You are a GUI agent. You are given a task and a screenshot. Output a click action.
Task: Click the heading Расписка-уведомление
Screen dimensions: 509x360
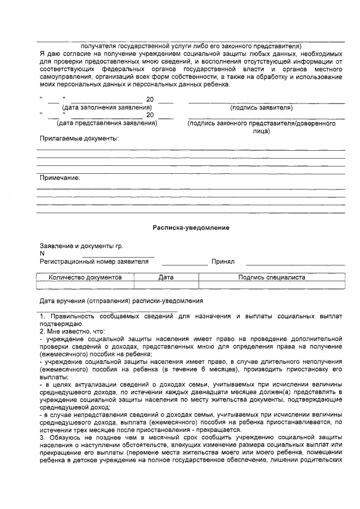coord(191,228)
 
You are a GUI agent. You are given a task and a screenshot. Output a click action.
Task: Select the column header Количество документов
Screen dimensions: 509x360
coord(85,277)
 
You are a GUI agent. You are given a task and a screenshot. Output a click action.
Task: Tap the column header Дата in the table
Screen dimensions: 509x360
coord(166,277)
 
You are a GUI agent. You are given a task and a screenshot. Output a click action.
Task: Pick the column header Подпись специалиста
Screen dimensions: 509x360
coord(272,277)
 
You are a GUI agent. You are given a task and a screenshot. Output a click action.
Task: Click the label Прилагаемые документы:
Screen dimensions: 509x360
coord(79,138)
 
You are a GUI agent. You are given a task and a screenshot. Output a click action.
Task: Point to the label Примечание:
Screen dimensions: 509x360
coord(60,178)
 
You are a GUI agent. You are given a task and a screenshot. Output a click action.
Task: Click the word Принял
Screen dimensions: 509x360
coord(223,262)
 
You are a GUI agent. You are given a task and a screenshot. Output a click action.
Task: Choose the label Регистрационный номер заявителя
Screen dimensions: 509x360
coord(94,262)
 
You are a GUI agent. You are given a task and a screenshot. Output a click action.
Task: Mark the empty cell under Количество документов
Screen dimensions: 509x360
coord(85,285)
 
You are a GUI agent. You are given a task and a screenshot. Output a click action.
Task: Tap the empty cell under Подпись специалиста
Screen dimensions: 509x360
coord(272,285)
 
